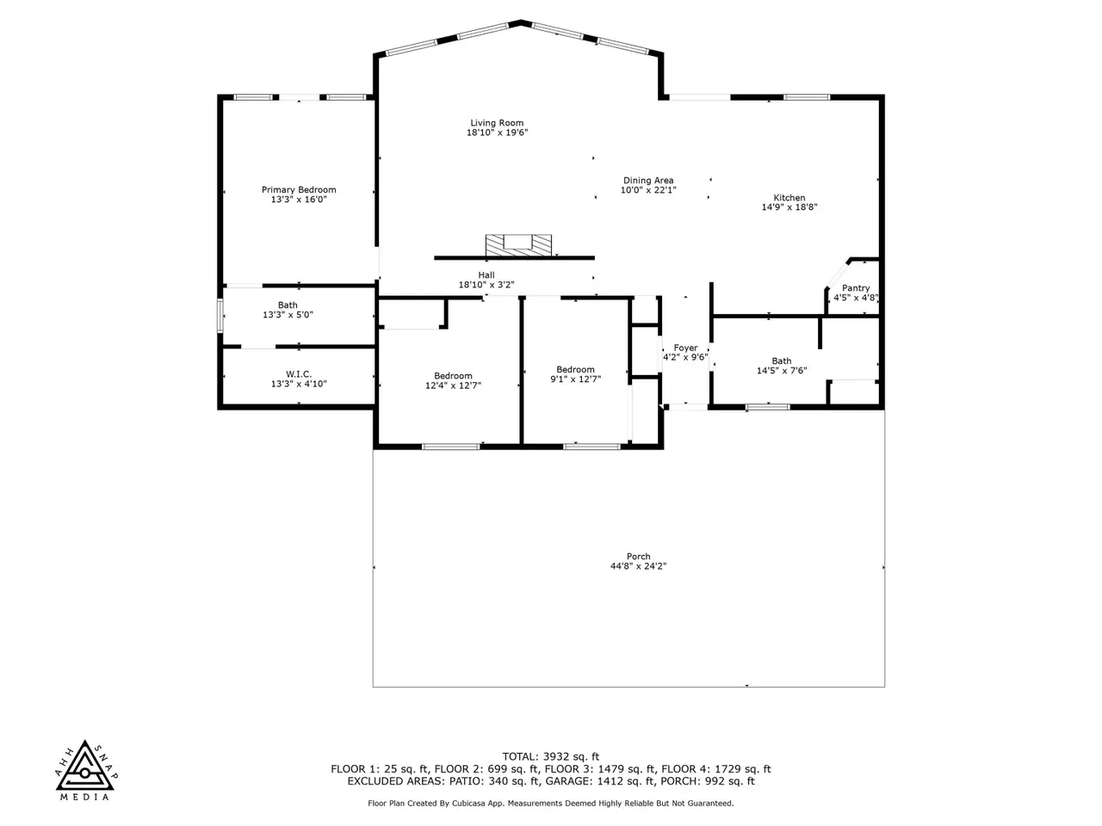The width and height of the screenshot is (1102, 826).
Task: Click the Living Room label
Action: (497, 123)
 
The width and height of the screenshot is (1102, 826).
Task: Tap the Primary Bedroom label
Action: (299, 189)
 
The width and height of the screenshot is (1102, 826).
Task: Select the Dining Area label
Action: (648, 180)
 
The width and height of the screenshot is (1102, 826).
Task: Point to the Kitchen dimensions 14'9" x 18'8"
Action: (789, 207)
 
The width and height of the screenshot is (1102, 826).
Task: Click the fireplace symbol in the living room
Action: (518, 244)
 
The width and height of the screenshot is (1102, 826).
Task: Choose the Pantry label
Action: (856, 288)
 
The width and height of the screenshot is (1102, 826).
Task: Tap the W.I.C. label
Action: (299, 374)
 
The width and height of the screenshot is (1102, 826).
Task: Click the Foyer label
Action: (685, 348)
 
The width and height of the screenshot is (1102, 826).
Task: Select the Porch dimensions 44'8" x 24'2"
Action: (638, 566)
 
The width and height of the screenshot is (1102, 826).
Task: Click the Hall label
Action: (486, 274)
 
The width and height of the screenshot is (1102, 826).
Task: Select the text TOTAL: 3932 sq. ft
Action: (551, 756)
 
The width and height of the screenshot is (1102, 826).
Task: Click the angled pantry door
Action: (837, 274)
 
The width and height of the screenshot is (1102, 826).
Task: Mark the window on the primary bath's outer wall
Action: (220, 316)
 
